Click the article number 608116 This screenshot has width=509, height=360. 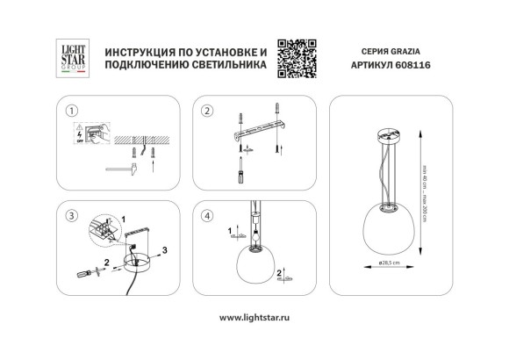click(x=420, y=66)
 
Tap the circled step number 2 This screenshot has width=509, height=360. click(x=207, y=111)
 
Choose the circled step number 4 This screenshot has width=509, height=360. click(x=207, y=215)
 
